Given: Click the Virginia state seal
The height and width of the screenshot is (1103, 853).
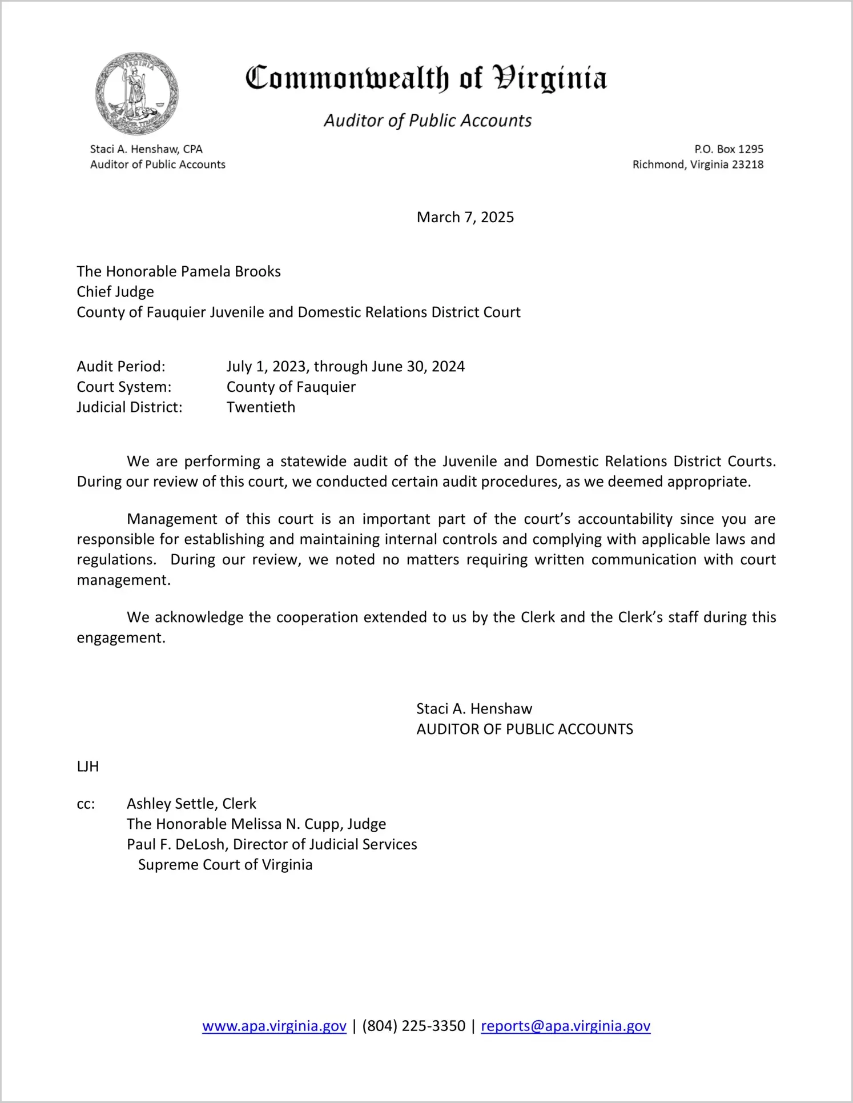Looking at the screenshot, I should coord(136,94).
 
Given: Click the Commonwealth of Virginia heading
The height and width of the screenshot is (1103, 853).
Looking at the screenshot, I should coord(426,78).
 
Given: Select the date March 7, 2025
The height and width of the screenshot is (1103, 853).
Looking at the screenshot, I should coord(465,217).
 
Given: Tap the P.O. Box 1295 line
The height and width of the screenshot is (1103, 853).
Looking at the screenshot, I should coord(729,149).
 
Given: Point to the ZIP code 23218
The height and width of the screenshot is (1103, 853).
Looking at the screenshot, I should coord(747,165).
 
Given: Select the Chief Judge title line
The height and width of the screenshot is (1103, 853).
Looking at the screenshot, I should coord(115,292).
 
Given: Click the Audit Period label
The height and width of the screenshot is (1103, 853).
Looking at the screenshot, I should coord(121,366).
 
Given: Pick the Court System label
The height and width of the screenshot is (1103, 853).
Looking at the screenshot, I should coord(124,387).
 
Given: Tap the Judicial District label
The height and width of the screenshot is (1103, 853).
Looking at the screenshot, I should coord(130,407).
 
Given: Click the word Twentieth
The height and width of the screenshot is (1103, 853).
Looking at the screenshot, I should coord(261,407).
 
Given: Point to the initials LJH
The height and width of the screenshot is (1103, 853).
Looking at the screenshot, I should coord(88,767).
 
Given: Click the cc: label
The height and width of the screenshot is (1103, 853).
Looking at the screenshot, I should coord(86,804).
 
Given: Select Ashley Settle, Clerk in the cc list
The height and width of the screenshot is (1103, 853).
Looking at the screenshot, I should coord(191,804).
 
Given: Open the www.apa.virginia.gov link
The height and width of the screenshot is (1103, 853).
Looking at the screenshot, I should coord(274,1026).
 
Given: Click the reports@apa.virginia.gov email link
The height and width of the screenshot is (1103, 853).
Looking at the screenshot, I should coord(565,1026).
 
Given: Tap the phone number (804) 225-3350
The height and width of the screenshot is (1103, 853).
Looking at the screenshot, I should coord(413,1026).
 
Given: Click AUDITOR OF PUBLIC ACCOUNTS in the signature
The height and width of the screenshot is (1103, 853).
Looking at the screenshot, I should coord(524,729).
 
